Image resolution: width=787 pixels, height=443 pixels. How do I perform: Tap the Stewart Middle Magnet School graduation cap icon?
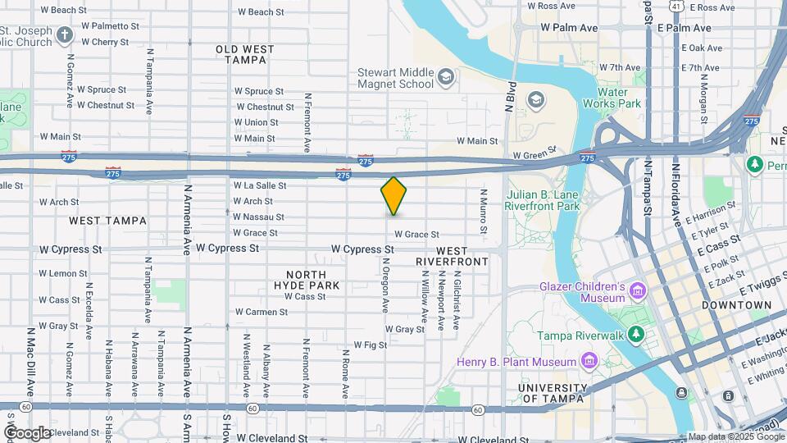445,78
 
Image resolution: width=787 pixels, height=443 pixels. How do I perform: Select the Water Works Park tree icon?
639,80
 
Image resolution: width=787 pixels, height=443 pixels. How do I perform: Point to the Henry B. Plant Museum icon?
588,361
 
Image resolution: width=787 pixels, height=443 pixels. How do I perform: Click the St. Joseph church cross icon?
65,36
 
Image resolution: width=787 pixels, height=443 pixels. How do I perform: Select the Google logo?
27,432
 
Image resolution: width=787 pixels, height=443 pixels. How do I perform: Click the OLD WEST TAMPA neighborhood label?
245,55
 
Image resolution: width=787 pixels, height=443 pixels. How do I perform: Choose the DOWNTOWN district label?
736,304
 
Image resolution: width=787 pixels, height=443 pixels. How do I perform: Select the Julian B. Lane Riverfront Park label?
542,201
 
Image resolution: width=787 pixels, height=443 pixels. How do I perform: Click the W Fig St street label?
370,345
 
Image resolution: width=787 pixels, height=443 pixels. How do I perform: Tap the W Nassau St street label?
258,217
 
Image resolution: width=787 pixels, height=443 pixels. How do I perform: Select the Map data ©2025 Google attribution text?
733,436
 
